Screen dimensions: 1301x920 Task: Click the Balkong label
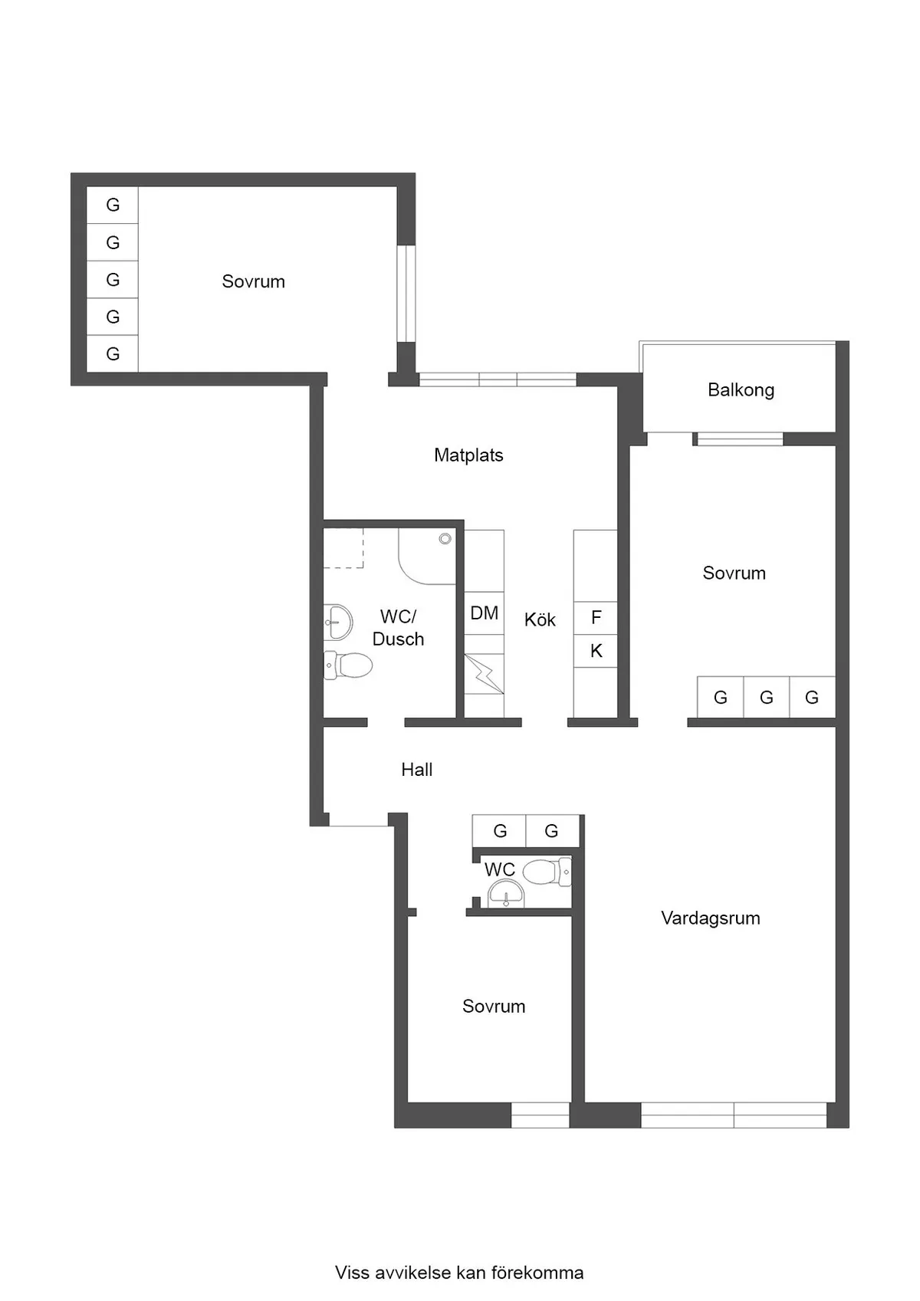(x=741, y=389)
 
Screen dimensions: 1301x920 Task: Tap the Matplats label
(x=468, y=455)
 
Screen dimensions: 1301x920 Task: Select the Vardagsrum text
(x=710, y=918)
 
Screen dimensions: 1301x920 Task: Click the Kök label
(x=540, y=619)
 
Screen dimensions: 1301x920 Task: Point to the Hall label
(x=416, y=769)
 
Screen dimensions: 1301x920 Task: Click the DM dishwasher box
(x=484, y=613)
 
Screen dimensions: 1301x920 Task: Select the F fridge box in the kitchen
(x=596, y=617)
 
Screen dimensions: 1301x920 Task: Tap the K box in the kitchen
(x=596, y=651)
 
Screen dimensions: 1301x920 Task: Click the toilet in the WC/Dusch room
(x=349, y=665)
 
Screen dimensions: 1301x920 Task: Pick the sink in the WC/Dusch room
(x=338, y=622)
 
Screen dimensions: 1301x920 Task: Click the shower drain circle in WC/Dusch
(x=445, y=539)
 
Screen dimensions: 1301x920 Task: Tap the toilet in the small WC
(x=546, y=872)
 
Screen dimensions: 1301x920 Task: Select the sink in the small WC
(x=506, y=894)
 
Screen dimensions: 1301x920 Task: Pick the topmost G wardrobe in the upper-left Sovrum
(x=113, y=205)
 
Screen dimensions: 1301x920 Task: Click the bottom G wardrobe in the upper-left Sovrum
(x=113, y=353)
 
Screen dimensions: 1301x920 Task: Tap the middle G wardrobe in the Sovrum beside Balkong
(x=766, y=697)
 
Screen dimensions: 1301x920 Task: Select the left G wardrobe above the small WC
(x=500, y=830)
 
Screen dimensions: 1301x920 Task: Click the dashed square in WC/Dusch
(x=343, y=548)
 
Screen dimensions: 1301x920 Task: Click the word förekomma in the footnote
(x=537, y=1273)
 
